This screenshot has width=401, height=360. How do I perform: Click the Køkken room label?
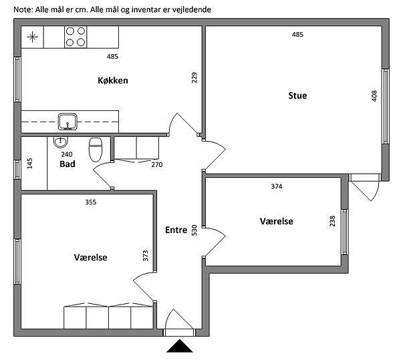113,81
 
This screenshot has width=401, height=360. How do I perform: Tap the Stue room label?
297,96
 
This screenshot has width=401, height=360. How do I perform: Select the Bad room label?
68,164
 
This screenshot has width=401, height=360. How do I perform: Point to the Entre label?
176,230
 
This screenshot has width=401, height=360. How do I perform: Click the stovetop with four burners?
76,37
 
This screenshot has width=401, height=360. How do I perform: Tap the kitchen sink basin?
68,122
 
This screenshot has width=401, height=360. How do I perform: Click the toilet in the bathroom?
96,150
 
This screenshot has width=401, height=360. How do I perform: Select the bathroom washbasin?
61,142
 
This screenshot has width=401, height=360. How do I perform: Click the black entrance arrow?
180,346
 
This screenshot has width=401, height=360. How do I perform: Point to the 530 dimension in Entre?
194,230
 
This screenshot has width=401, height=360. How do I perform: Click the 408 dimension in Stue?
374,96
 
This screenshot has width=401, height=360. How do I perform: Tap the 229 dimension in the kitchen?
194,77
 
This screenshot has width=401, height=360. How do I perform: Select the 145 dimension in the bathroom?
29,164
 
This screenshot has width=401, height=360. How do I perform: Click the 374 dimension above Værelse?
277,186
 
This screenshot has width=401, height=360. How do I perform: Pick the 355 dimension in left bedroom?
91,202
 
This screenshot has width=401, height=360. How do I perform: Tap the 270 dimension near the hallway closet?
157,165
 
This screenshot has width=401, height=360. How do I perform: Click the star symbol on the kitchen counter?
33,37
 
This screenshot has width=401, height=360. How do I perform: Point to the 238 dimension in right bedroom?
332,221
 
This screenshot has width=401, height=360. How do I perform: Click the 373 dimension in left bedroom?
145,256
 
